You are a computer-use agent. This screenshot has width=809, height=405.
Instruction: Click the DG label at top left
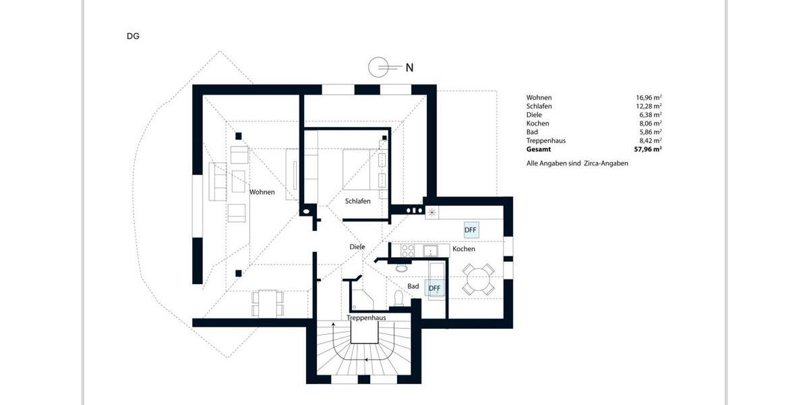(x=133, y=36)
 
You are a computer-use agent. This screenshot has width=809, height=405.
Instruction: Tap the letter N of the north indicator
(x=409, y=67)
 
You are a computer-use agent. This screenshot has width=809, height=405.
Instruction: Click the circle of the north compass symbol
(x=378, y=67)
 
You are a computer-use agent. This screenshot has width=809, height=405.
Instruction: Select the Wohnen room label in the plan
(x=262, y=192)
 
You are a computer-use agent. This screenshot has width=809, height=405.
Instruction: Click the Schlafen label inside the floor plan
(x=358, y=201)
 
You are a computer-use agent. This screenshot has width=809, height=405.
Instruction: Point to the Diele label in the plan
(x=357, y=247)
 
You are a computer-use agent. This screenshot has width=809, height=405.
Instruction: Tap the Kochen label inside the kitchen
(x=464, y=249)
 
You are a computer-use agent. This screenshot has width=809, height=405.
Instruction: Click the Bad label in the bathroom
(x=413, y=286)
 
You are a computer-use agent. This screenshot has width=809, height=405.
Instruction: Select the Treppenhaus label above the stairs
(x=366, y=318)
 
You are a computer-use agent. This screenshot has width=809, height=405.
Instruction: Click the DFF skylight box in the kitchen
(x=471, y=230)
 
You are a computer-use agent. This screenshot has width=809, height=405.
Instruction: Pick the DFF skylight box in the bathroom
(x=435, y=288)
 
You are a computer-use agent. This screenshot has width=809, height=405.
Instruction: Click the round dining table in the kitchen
(x=479, y=278)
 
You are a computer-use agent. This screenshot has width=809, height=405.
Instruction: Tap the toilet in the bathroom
(x=397, y=297)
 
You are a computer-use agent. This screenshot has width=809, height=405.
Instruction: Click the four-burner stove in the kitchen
(x=408, y=250)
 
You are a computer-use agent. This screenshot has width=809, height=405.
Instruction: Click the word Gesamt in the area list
(x=539, y=149)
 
